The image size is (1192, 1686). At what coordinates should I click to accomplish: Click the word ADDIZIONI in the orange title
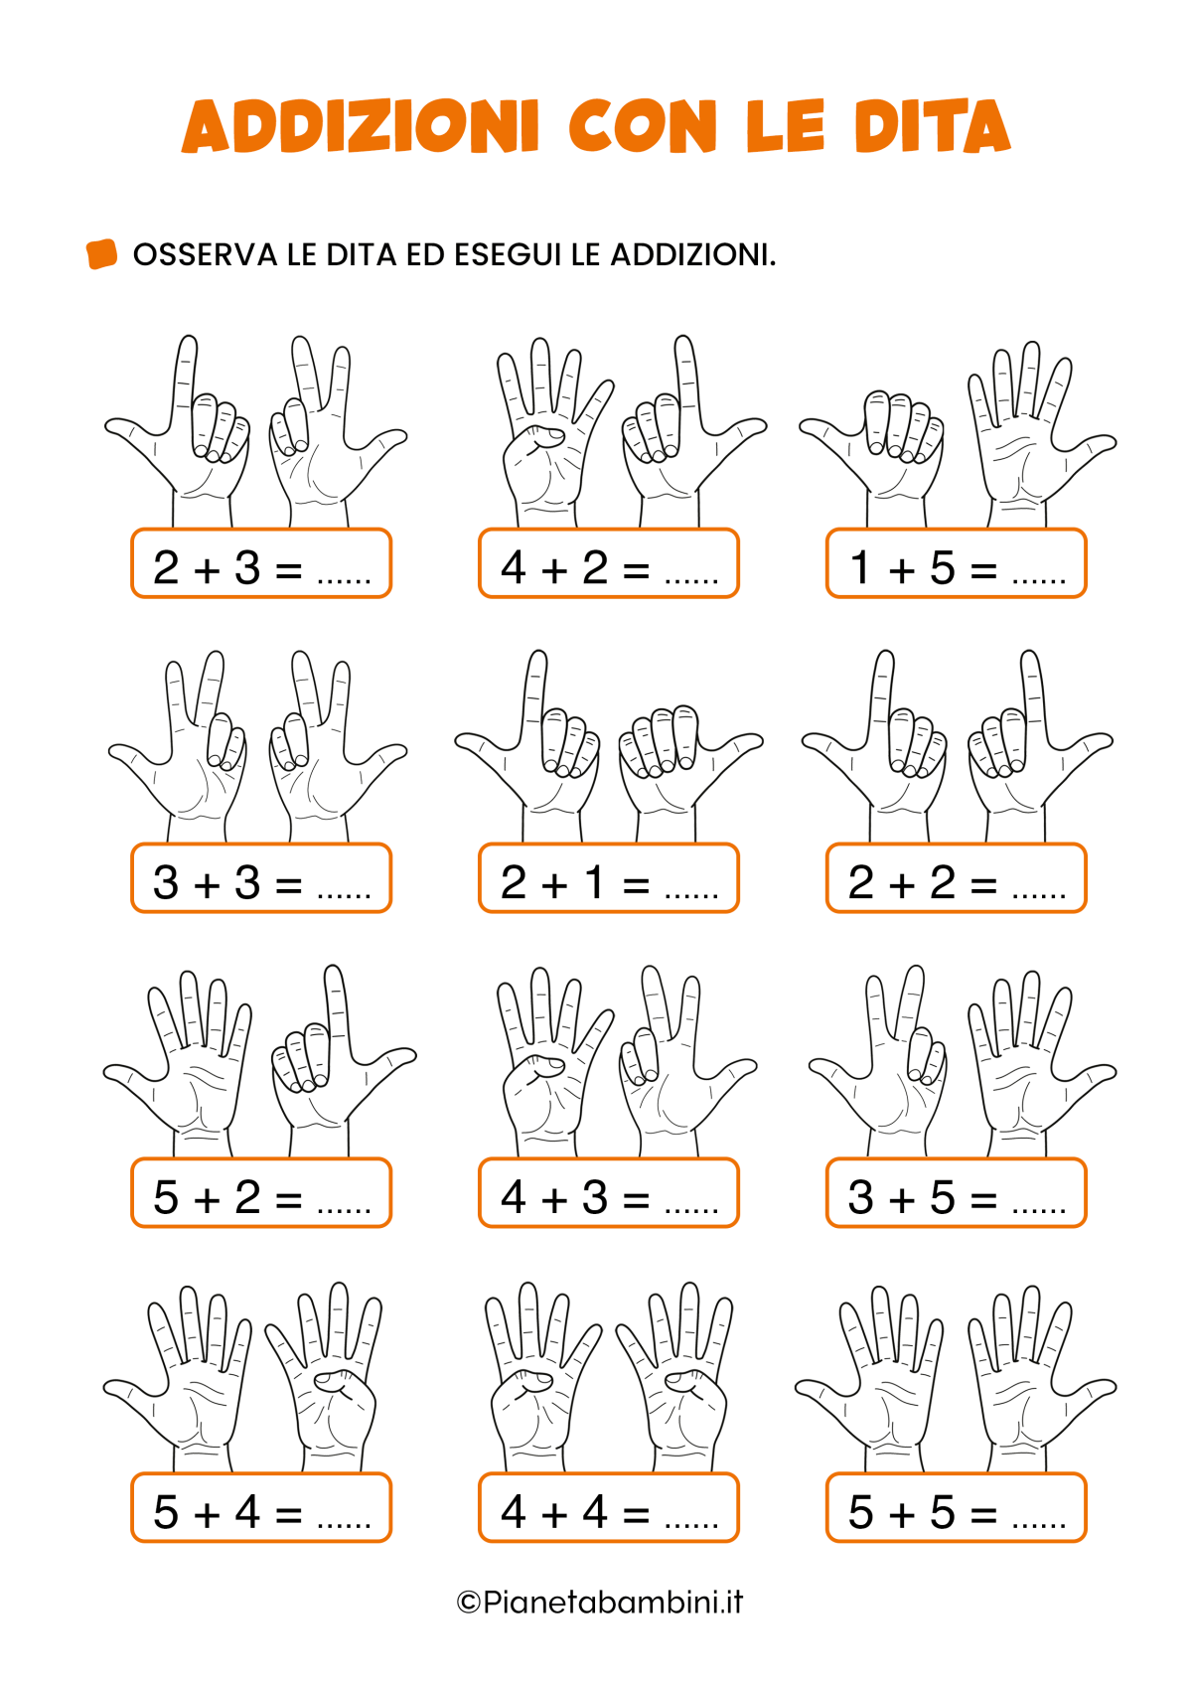click(x=361, y=126)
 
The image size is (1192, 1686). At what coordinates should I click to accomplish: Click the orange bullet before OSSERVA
click(x=101, y=253)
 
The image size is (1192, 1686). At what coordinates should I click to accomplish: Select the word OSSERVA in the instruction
click(x=206, y=255)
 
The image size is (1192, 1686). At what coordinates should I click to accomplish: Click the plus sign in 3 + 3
click(x=207, y=885)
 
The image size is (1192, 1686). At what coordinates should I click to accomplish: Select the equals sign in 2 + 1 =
click(x=636, y=885)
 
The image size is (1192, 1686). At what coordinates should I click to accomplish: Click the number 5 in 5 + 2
click(x=166, y=1197)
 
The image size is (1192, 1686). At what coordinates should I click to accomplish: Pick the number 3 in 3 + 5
click(x=861, y=1197)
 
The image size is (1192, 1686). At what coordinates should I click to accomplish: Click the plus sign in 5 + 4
click(x=207, y=1514)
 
